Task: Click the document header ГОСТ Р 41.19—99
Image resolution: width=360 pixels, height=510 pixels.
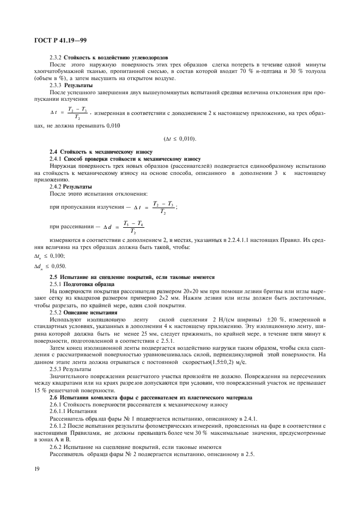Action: coord(51,40)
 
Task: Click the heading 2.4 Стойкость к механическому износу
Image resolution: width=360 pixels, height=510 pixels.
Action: coord(100,151)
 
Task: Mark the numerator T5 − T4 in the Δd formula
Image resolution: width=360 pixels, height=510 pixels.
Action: coord(133,223)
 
